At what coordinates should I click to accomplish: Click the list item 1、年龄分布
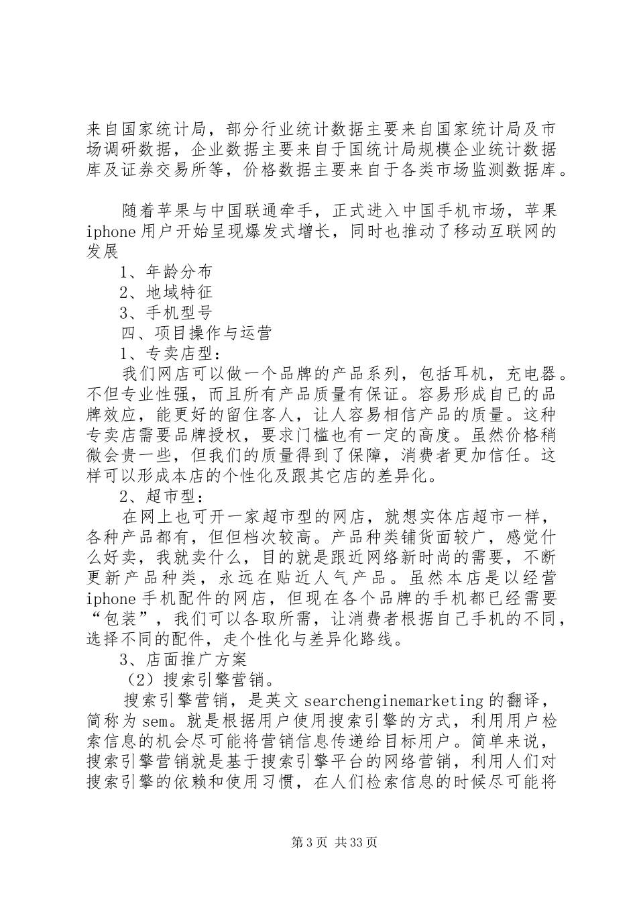166,272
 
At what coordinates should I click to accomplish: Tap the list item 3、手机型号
166,312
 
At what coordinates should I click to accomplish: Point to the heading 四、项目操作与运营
196,332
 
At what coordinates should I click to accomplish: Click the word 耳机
477,372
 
